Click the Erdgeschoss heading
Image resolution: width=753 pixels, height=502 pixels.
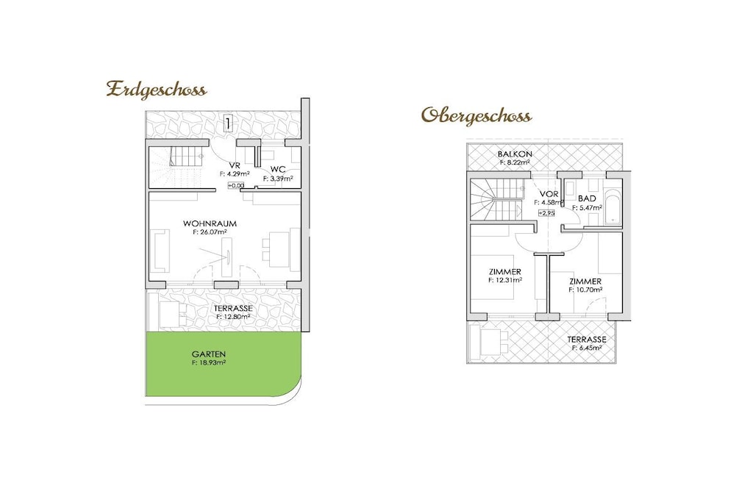[157, 90]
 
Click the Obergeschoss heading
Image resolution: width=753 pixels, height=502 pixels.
[477, 116]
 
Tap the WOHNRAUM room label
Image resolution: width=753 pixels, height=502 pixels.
[210, 223]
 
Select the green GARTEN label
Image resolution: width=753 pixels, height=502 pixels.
[208, 355]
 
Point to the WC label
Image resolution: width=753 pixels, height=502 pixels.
[278, 169]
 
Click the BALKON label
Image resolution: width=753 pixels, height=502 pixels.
[515, 154]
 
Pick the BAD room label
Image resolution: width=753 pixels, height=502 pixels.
[587, 198]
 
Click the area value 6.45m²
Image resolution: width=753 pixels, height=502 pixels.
[587, 348]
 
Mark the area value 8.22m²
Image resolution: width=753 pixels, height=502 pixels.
[515, 162]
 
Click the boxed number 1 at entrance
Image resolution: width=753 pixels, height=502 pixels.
[228, 123]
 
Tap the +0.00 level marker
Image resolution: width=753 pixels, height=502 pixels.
[236, 185]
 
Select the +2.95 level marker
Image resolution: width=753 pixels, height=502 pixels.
[546, 212]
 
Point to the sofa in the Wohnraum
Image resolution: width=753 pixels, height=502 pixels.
[160, 251]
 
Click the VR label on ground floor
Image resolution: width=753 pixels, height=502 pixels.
[235, 165]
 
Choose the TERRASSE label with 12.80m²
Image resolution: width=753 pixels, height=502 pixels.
[233, 309]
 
